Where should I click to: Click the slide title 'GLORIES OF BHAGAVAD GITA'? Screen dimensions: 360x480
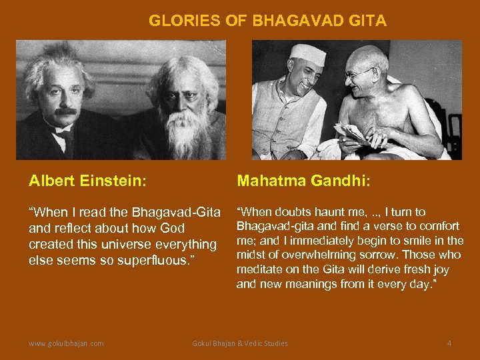(x=267, y=21)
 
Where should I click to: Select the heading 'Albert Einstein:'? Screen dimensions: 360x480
(x=88, y=181)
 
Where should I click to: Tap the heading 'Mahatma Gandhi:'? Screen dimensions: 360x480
(x=299, y=181)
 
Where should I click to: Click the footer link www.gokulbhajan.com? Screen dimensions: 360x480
(x=66, y=343)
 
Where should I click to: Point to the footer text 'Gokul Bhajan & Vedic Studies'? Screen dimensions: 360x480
(x=240, y=343)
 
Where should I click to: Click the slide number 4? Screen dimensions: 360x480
(x=449, y=343)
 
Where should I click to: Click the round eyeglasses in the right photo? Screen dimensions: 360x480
(x=361, y=72)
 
